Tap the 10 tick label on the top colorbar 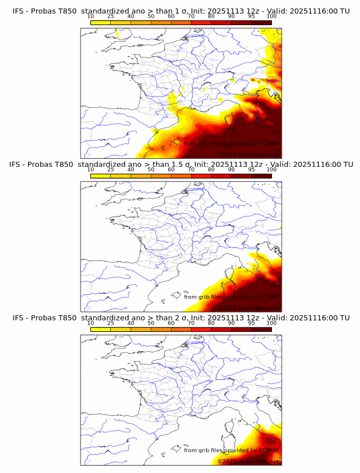(90, 17)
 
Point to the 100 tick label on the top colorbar (271, 17)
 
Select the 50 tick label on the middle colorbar (151, 170)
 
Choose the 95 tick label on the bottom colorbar (251, 323)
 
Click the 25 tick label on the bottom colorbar (110, 323)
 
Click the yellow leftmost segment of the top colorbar (101, 22)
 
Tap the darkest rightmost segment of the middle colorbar (261, 175)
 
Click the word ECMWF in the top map (268, 144)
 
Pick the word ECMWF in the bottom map (268, 450)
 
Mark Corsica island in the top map (234, 121)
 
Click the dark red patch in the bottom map (269, 441)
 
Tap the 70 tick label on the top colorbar (191, 17)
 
